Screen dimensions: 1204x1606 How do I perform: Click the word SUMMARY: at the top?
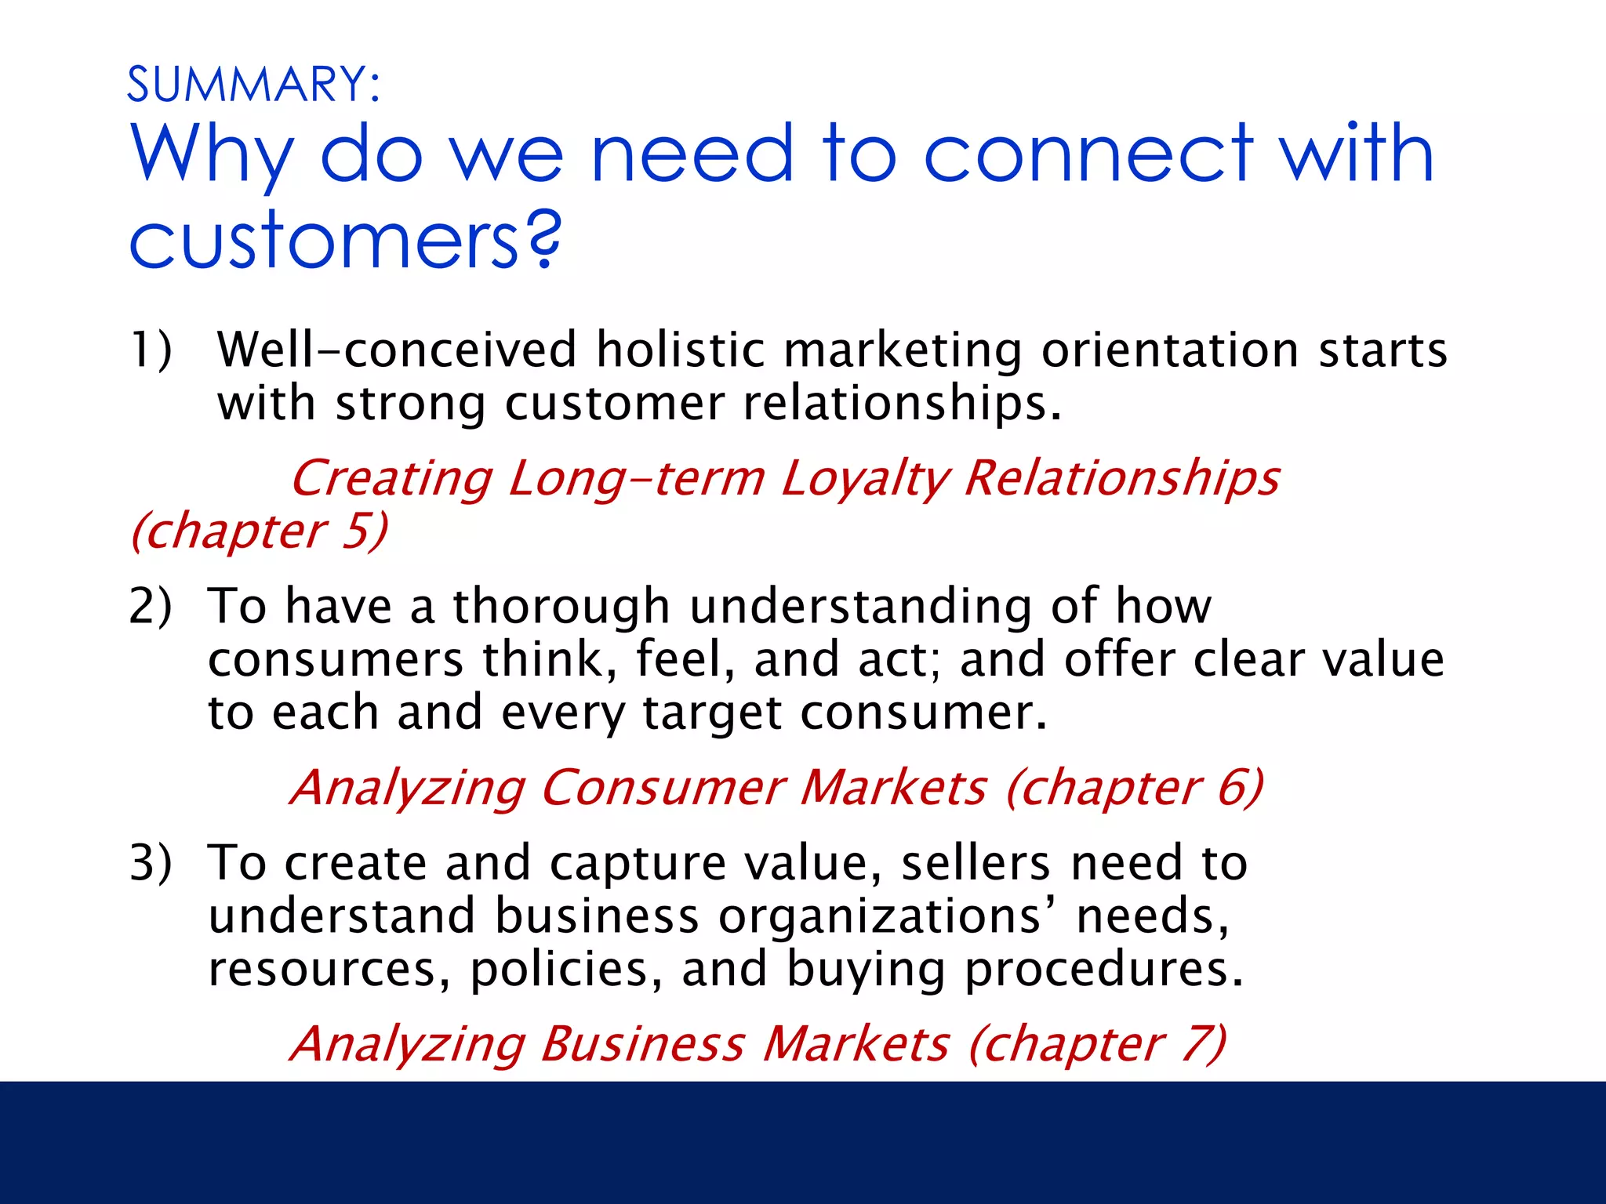(253, 85)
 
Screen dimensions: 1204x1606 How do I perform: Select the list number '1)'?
(151, 350)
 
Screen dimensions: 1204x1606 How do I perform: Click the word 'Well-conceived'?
(397, 350)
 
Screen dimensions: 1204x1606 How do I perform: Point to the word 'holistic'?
(680, 350)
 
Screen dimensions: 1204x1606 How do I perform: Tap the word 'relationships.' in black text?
(902, 404)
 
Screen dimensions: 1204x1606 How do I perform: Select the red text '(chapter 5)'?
(259, 531)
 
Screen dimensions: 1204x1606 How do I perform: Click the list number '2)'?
(151, 606)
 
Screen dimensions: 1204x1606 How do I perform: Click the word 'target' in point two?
(712, 713)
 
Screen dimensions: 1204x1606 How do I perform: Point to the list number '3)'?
(151, 863)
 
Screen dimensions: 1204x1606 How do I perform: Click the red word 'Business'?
(642, 1044)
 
